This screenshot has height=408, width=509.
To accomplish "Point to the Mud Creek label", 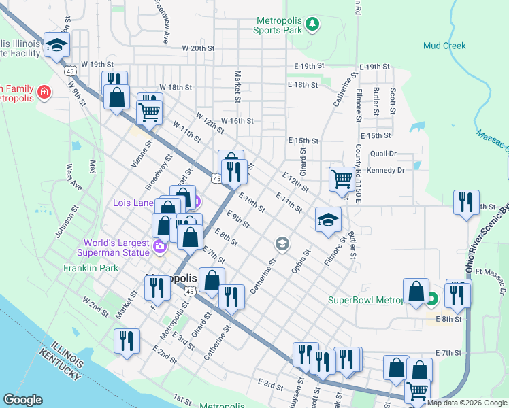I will (444, 46).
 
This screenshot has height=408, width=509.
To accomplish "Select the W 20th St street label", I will (198, 49).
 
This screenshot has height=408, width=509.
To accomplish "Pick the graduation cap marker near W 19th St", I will (57, 46).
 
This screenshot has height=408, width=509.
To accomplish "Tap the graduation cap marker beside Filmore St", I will (328, 220).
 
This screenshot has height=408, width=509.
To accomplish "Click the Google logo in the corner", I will (23, 400).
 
